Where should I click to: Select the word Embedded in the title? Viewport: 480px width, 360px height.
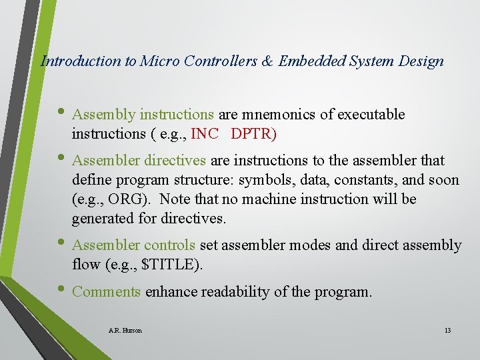tap(309, 61)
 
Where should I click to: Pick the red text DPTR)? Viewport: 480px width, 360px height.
tap(253, 134)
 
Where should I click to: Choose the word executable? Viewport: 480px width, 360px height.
tap(371, 115)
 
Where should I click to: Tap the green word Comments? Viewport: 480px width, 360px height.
tap(106, 291)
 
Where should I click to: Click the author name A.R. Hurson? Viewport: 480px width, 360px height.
tap(124, 331)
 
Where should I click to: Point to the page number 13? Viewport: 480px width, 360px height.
tap(447, 331)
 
